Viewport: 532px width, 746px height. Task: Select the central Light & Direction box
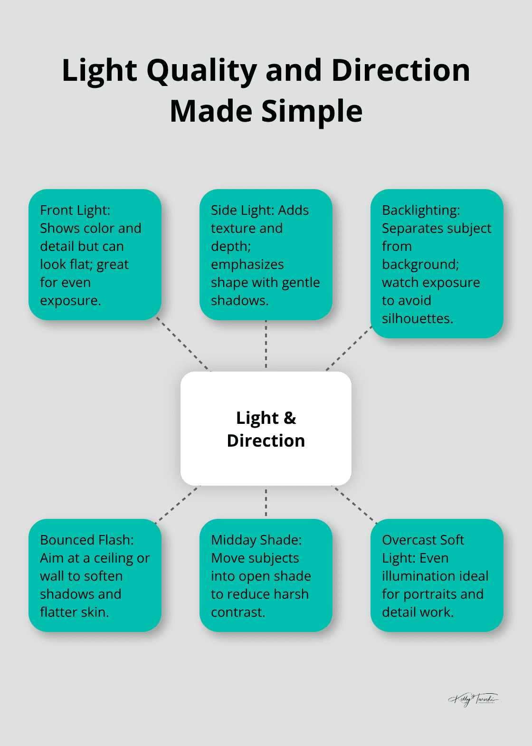(x=266, y=456)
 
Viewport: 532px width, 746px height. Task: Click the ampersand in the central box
(x=289, y=418)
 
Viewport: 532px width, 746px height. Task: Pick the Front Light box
(x=95, y=255)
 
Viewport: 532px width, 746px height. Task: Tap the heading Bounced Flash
(x=86, y=540)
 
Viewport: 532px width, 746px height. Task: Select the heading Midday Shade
(x=256, y=540)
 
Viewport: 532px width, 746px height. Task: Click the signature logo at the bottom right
(x=473, y=699)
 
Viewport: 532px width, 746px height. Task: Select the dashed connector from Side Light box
(x=266, y=345)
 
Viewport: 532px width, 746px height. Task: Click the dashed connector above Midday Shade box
(x=266, y=502)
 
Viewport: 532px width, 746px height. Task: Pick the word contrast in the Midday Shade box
(x=237, y=612)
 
